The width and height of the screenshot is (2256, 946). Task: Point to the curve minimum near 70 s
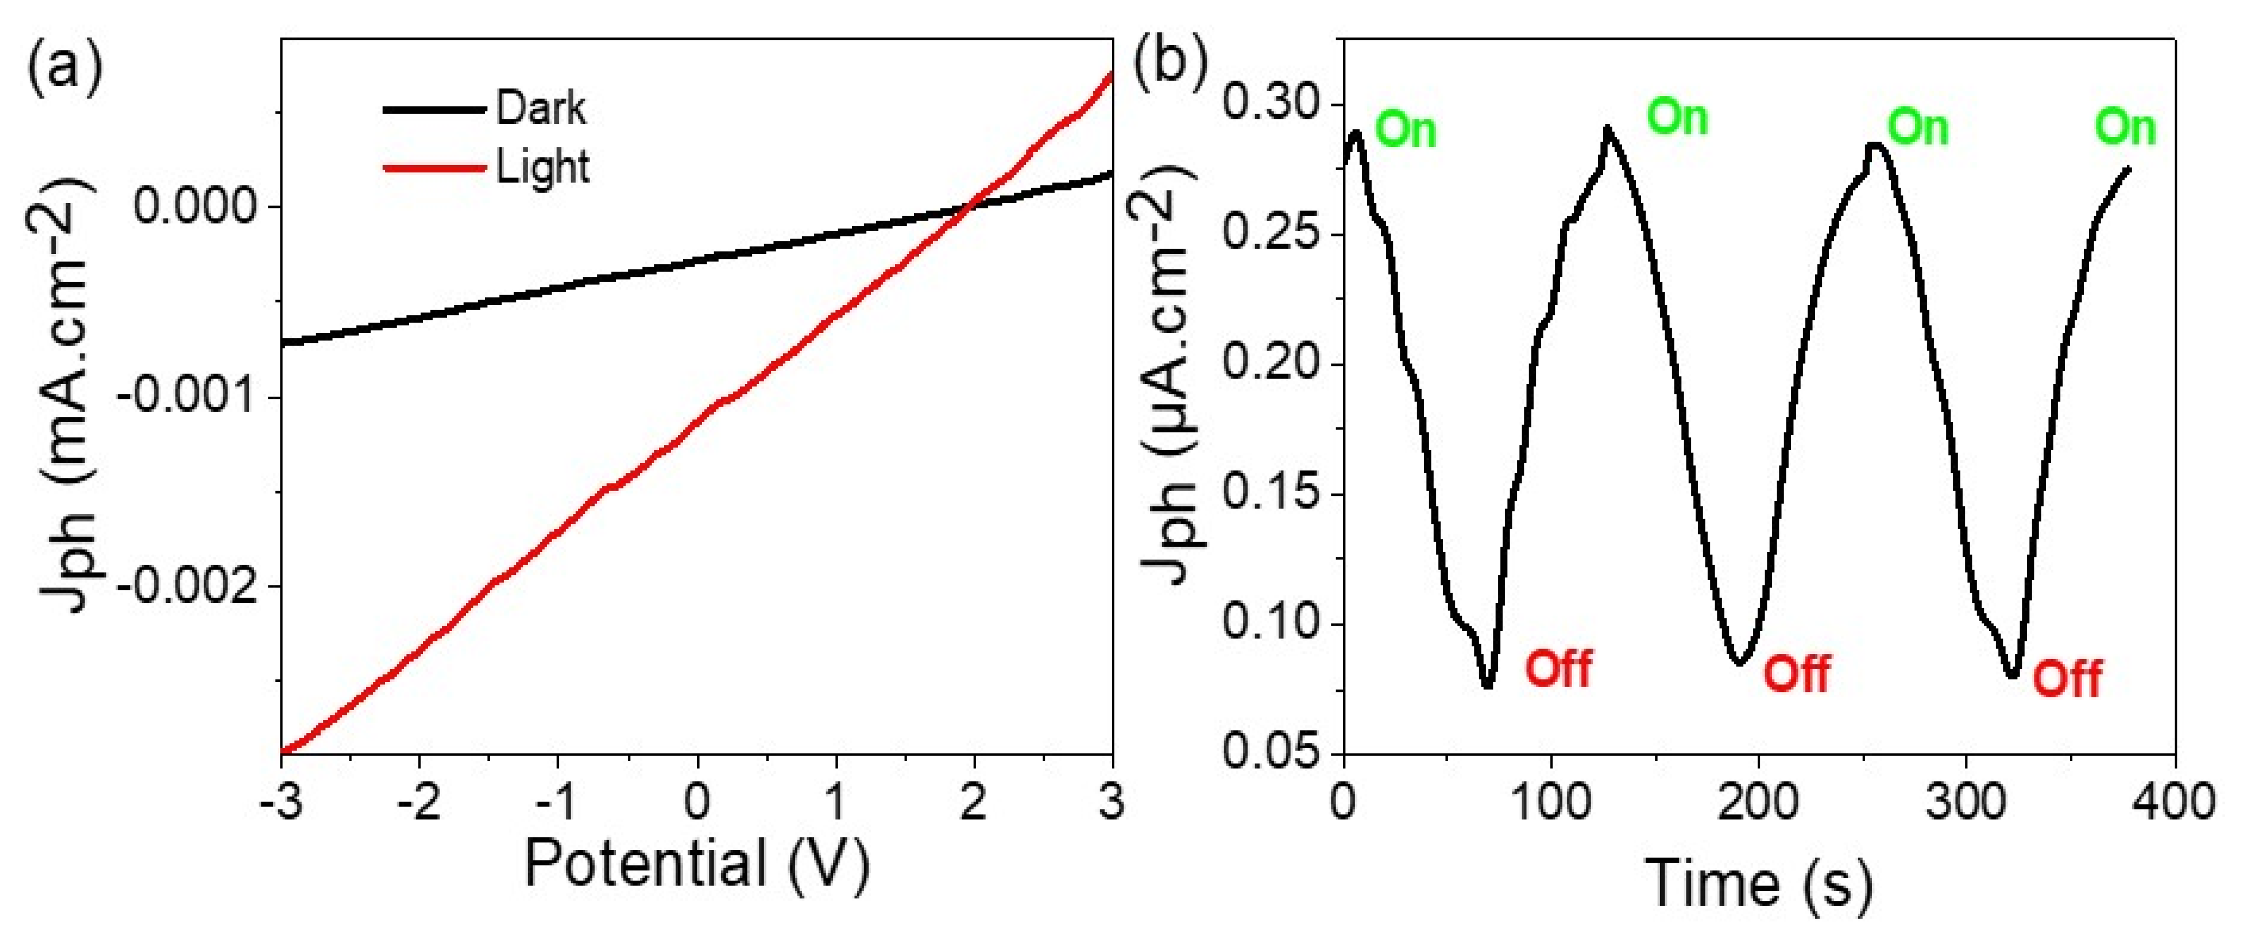[1488, 685]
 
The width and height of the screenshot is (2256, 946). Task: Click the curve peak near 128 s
[1607, 128]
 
